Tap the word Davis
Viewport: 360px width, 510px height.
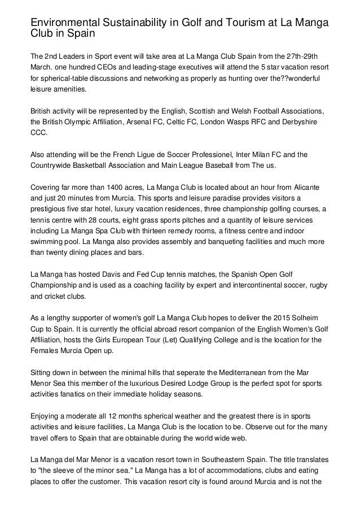[x=104, y=274]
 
